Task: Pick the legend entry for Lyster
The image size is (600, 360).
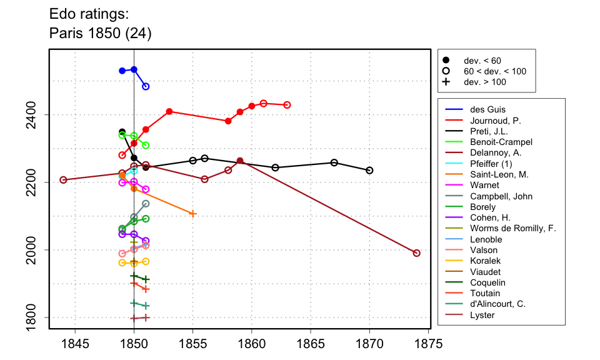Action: pyautogui.click(x=482, y=315)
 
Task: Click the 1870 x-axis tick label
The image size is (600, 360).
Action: pyautogui.click(x=369, y=343)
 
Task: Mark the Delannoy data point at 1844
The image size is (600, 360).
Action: pyautogui.click(x=63, y=180)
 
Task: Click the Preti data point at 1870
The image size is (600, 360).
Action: pyautogui.click(x=369, y=171)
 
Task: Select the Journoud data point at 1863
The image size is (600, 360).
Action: pyautogui.click(x=287, y=105)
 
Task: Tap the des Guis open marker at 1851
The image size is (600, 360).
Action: pyautogui.click(x=146, y=86)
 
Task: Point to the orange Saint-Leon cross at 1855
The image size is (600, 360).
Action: pyautogui.click(x=192, y=214)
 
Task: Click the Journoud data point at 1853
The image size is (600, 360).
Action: pyautogui.click(x=169, y=111)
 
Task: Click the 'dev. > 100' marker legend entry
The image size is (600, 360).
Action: pyautogui.click(x=484, y=82)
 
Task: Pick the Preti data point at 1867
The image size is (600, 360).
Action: pyautogui.click(x=334, y=162)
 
